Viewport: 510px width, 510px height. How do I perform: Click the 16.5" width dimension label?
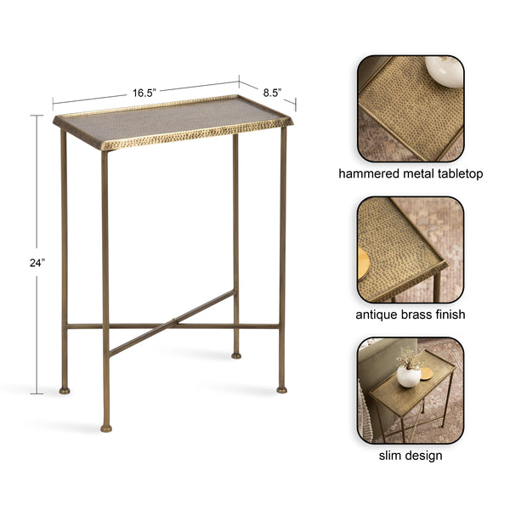(x=144, y=92)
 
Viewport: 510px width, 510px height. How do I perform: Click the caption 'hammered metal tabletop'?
(x=411, y=173)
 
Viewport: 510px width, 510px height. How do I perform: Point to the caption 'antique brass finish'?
(x=411, y=314)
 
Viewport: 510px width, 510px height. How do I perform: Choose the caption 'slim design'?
(x=411, y=456)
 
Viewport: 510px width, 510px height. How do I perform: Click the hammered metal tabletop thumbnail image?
(x=411, y=108)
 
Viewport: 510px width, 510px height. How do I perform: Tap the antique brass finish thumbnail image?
(x=411, y=249)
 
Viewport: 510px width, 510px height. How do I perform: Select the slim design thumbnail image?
(x=411, y=390)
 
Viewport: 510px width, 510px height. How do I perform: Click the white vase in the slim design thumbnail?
(x=408, y=375)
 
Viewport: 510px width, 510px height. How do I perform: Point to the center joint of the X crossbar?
(x=174, y=323)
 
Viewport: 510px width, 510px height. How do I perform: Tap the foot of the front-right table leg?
(x=281, y=389)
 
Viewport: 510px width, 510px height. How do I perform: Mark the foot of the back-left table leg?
(x=65, y=390)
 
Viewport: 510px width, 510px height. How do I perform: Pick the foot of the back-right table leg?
(x=236, y=354)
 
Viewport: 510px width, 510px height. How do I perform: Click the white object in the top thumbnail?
(x=443, y=70)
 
